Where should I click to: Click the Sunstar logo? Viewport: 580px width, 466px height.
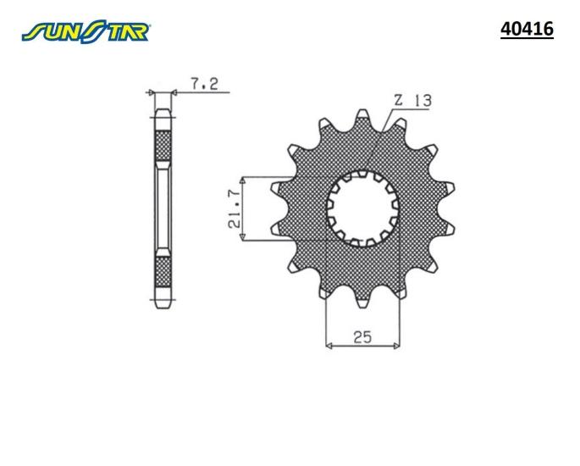[x=86, y=32]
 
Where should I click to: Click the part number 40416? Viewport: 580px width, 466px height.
[x=527, y=30]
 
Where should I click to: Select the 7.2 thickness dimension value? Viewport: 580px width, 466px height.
[x=205, y=84]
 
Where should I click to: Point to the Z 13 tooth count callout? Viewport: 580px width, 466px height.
[x=413, y=100]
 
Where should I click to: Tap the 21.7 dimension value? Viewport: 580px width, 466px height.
[x=235, y=208]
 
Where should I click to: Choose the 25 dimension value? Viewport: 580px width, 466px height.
[x=362, y=337]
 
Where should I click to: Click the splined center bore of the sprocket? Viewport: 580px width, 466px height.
[x=362, y=208]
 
